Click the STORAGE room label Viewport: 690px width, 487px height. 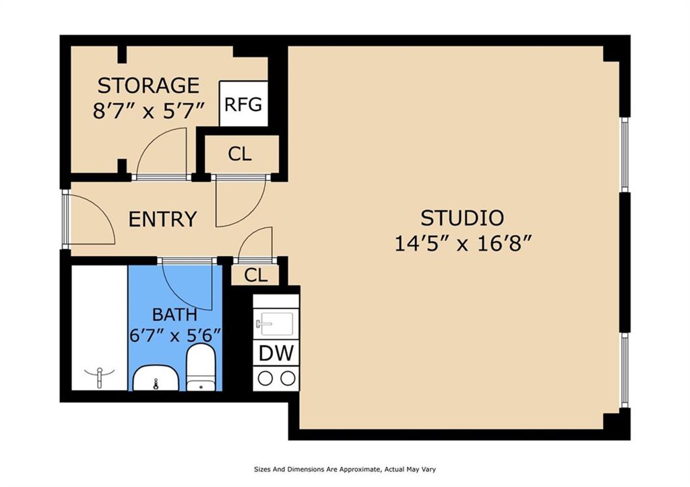click(x=148, y=86)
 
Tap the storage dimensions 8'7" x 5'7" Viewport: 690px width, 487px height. click(x=149, y=111)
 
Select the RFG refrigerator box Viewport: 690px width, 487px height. click(x=243, y=104)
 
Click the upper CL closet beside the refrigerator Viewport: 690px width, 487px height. click(x=240, y=154)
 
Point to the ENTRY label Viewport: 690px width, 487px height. click(x=162, y=219)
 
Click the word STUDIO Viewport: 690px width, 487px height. click(x=462, y=218)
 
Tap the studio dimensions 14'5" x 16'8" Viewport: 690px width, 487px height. click(x=464, y=243)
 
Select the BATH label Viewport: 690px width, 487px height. click(x=175, y=315)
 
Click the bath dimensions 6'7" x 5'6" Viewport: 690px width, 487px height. click(x=175, y=336)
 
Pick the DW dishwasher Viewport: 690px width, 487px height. click(x=276, y=353)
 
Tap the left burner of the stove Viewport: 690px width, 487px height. click(x=265, y=379)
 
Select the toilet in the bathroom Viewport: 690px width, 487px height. click(x=201, y=368)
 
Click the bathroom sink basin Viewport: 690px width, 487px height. click(x=156, y=379)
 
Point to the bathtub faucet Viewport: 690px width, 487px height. click(x=100, y=377)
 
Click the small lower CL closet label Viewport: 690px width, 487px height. click(x=255, y=275)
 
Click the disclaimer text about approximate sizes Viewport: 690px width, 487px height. click(x=345, y=469)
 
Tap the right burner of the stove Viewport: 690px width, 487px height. click(x=288, y=379)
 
